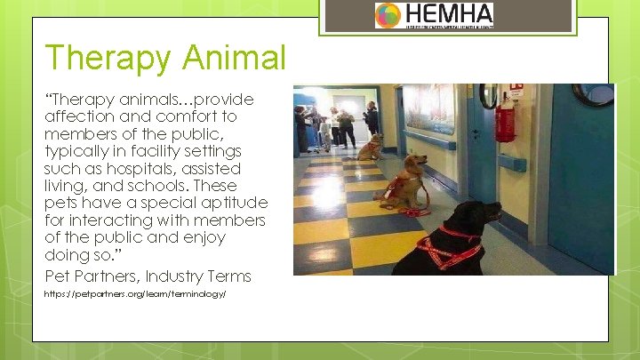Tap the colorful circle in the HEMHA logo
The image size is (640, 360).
(388, 15)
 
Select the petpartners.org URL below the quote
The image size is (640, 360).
(136, 293)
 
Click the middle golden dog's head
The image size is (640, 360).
(414, 164)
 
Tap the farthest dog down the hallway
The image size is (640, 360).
(371, 144)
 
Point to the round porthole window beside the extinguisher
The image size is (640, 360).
(488, 95)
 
